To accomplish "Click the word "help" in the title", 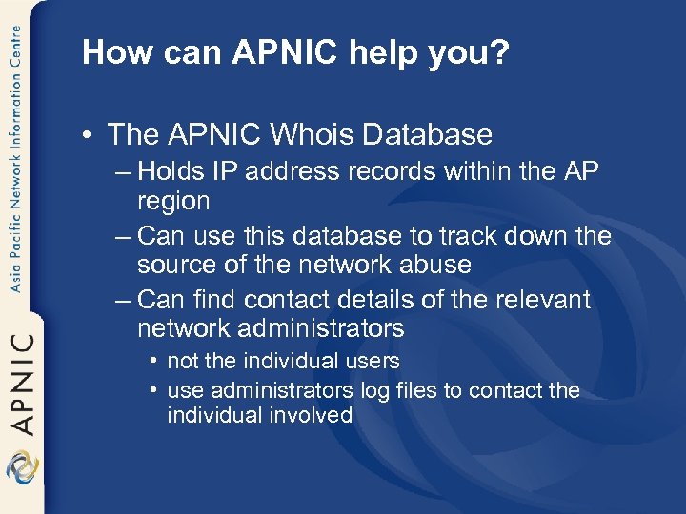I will point(400,52).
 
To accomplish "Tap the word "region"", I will point(173,201).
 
